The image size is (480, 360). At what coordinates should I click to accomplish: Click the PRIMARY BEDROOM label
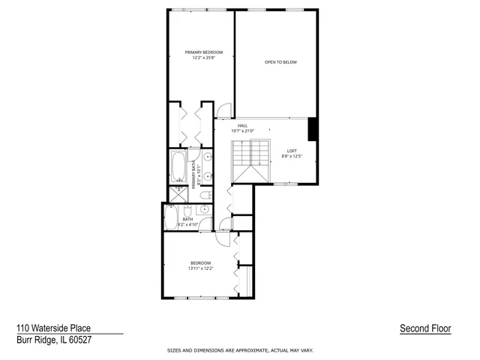pyautogui.click(x=200, y=52)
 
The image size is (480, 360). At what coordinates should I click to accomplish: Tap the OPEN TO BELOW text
pyautogui.click(x=280, y=61)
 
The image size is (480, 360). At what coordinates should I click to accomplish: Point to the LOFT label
pyautogui.click(x=292, y=151)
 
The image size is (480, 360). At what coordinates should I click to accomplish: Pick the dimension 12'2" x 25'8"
pyautogui.click(x=200, y=58)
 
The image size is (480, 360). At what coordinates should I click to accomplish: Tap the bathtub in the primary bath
pyautogui.click(x=179, y=167)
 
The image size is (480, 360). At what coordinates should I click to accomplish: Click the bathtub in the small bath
pyautogui.click(x=169, y=218)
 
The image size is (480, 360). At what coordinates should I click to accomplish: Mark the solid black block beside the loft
pyautogui.click(x=313, y=129)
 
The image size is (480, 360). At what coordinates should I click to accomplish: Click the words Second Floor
pyautogui.click(x=425, y=328)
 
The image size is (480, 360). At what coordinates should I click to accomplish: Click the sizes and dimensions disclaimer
pyautogui.click(x=239, y=350)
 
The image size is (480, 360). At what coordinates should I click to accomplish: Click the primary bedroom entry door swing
pyautogui.click(x=223, y=109)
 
